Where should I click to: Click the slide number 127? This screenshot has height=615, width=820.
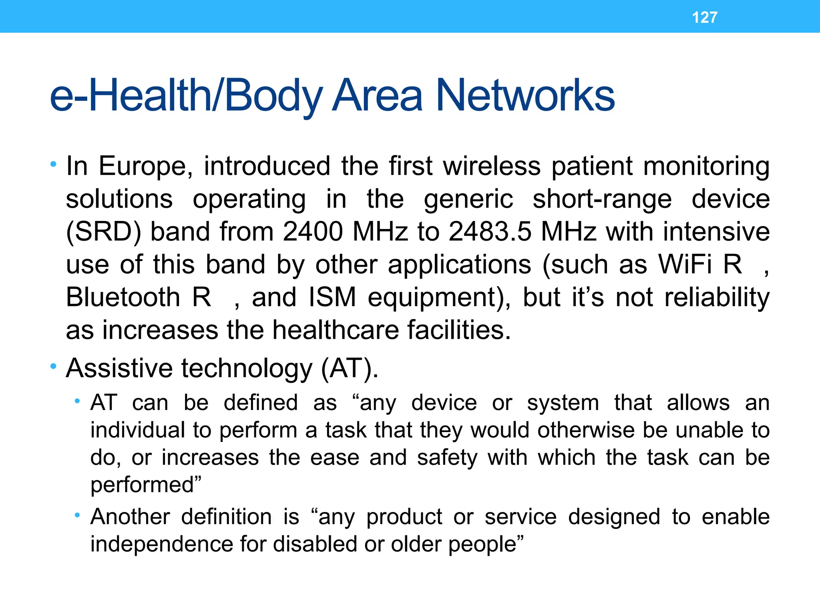coord(704,17)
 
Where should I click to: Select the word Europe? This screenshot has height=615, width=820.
coord(145,166)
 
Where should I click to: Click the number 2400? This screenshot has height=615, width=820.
coord(313,231)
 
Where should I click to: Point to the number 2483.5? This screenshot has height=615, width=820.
coord(490,231)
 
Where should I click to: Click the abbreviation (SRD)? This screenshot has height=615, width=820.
coord(104,232)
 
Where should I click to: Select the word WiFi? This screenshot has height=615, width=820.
coord(685,265)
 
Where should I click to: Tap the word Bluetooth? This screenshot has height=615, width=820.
coord(123,297)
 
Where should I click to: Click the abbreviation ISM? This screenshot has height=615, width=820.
coord(332,297)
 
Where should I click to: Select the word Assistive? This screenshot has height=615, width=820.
coord(119,368)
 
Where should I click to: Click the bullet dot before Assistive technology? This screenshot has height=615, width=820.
coord(53,366)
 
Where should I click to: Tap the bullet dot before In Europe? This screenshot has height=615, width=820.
coord(53,164)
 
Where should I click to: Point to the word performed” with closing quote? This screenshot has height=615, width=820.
coord(146,485)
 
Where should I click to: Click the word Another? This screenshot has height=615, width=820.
coord(130,517)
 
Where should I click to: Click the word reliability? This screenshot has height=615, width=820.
coord(717,297)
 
